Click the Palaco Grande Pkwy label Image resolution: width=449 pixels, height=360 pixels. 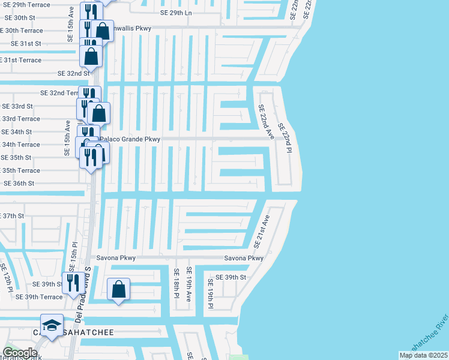click(131, 139)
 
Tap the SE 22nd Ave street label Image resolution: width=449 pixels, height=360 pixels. click(265, 122)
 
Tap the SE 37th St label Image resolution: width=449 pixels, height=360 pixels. click(12, 215)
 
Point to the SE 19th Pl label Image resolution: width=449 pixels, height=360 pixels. click(211, 294)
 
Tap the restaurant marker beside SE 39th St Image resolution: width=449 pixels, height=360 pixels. click(73, 283)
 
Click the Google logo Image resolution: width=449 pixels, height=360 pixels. click(20, 353)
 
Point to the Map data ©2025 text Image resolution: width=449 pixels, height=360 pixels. click(423, 355)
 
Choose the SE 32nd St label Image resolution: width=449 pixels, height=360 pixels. click(73, 73)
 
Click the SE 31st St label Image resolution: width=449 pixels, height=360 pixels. click(26, 44)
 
